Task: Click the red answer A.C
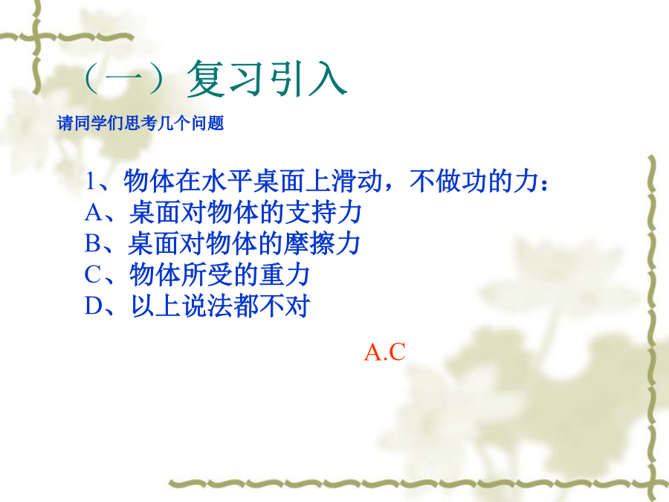[384, 353]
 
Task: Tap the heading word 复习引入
[267, 79]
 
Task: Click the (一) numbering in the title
[124, 79]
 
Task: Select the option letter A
[94, 212]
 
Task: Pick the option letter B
[93, 243]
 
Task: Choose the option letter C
[93, 274]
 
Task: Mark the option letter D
[94, 306]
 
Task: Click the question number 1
[90, 181]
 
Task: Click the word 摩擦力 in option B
[322, 243]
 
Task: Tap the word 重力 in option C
[285, 274]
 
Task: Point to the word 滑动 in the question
[357, 181]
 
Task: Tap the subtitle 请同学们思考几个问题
[140, 123]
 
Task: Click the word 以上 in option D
[156, 306]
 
